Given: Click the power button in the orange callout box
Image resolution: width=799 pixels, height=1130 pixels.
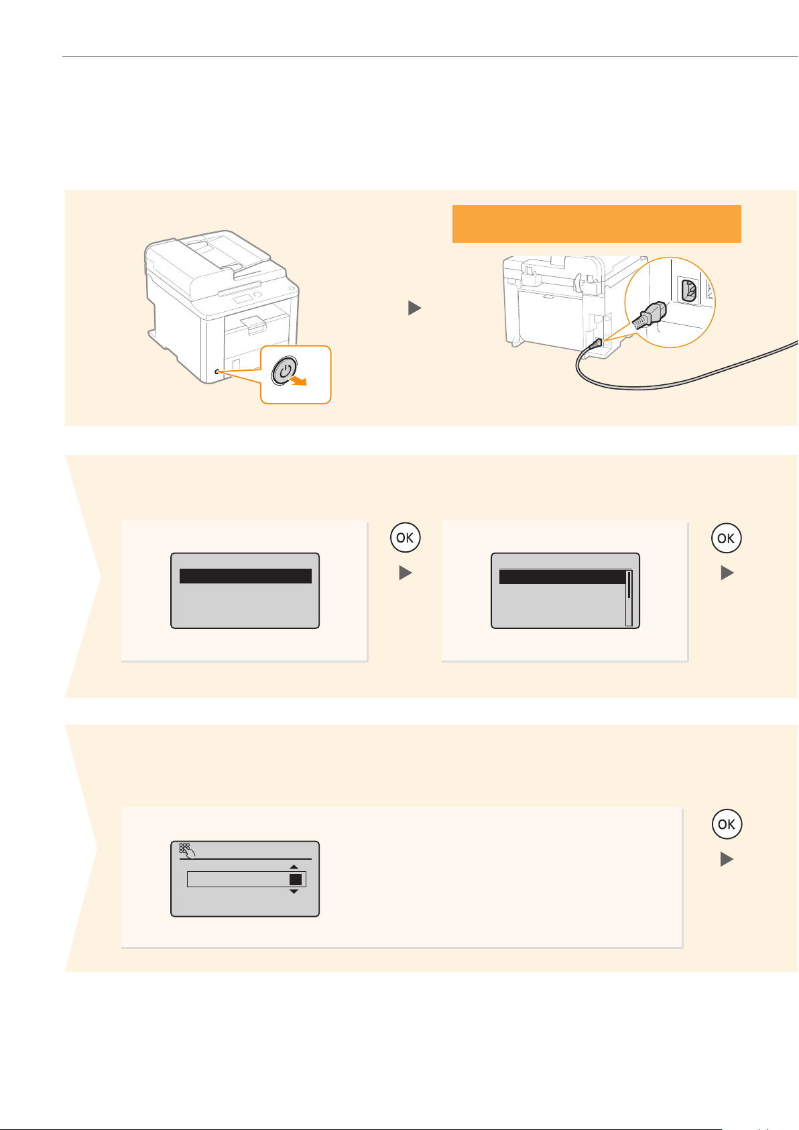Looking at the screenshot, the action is point(284,371).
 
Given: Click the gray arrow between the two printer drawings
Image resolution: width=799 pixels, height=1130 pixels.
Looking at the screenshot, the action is point(414,308).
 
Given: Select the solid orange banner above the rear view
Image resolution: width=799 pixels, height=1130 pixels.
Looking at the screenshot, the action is point(597,223).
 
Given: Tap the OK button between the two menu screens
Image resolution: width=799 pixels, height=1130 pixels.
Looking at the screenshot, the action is point(405,538).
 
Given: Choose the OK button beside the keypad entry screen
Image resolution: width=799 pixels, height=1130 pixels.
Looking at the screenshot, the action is point(727,824).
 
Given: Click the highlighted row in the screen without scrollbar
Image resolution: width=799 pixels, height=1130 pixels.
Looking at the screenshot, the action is point(245,576).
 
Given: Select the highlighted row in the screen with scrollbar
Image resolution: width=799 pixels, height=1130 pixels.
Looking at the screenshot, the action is point(562,577).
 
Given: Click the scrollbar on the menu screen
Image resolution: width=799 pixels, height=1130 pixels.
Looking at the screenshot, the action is point(629,597).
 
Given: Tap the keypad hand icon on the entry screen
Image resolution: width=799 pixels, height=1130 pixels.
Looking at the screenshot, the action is point(187,850).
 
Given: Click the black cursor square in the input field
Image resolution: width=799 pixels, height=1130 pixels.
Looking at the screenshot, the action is point(296,879).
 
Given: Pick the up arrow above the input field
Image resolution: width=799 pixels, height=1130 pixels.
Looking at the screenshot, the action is point(294,867).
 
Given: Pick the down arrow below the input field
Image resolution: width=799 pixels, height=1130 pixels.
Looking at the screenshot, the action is point(294,892).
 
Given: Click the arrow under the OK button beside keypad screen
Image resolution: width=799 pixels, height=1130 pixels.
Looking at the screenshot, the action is point(727,859).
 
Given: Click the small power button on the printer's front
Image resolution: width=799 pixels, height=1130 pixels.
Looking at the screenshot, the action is point(217,372).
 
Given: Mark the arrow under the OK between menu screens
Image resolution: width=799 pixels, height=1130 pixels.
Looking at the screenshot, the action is point(405,573).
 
